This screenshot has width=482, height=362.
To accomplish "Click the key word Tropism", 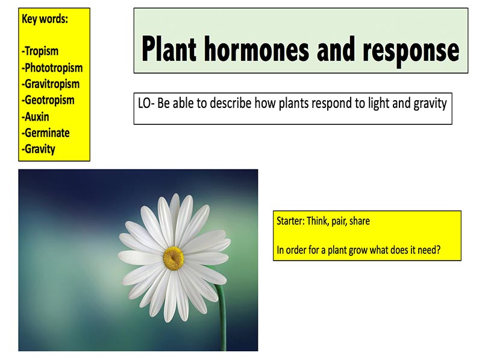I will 41,51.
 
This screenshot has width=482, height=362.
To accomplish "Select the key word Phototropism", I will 52,68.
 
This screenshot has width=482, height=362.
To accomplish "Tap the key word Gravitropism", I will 51,84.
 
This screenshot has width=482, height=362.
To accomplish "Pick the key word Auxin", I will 37,116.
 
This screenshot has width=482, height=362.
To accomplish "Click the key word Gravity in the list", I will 39,149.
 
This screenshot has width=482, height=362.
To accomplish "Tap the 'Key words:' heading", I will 45,19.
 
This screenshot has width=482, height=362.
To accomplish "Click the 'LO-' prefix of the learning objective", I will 146,103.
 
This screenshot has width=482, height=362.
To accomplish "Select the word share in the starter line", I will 360,221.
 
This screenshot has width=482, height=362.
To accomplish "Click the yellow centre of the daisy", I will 173,258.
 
